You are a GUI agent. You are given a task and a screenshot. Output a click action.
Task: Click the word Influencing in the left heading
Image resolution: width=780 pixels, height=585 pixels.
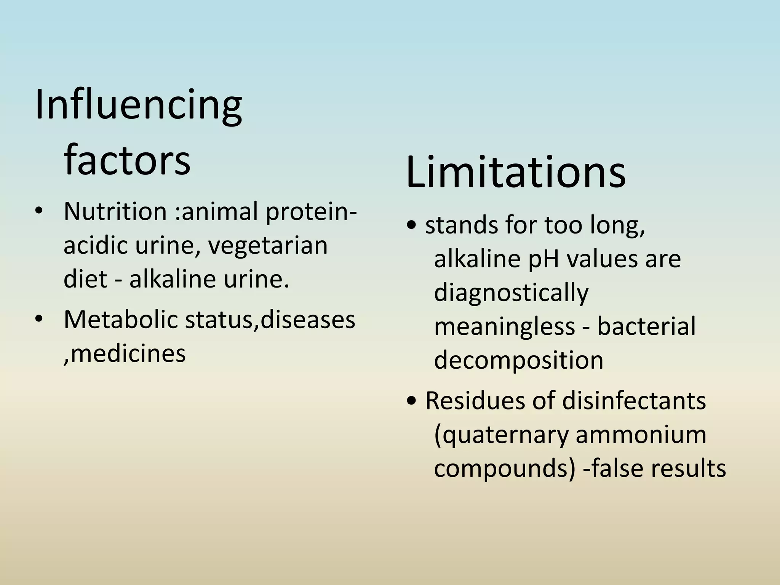(x=138, y=104)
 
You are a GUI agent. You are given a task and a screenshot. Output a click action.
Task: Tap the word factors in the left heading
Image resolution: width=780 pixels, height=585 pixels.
(x=127, y=160)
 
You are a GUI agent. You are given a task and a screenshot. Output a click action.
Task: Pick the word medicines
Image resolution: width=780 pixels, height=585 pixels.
(x=128, y=354)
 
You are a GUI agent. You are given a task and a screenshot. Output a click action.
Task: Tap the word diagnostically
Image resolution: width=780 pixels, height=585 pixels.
(x=511, y=293)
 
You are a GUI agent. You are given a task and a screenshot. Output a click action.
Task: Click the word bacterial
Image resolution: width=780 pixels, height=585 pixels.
(x=646, y=326)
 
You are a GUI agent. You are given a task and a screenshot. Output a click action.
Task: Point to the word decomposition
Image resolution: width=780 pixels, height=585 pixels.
(x=519, y=360)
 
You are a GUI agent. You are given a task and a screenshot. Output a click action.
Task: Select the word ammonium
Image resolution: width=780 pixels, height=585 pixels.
(x=641, y=435)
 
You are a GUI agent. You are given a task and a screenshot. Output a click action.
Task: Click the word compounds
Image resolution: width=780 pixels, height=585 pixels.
(x=505, y=468)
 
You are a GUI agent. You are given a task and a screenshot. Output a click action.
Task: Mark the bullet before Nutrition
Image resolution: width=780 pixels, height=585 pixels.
(x=39, y=211)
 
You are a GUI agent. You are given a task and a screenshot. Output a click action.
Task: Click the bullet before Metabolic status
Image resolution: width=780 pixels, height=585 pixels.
(x=39, y=320)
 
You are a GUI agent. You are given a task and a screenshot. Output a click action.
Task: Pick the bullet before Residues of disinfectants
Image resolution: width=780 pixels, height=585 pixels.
(x=412, y=401)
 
